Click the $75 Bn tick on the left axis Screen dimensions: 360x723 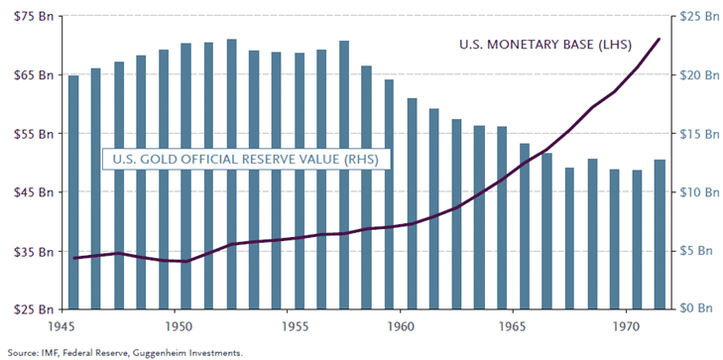click(25, 17)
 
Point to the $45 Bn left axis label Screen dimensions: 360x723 click(25, 192)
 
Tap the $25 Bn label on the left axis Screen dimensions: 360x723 click(25, 309)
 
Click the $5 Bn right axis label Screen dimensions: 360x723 click(695, 251)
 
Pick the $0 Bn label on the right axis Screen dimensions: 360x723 click(695, 309)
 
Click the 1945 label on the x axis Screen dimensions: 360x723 click(62, 325)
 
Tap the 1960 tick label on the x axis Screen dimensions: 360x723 click(401, 325)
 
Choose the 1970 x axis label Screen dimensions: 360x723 click(626, 325)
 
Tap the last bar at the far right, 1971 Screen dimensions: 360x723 click(659, 233)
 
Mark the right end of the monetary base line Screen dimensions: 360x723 click(660, 40)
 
